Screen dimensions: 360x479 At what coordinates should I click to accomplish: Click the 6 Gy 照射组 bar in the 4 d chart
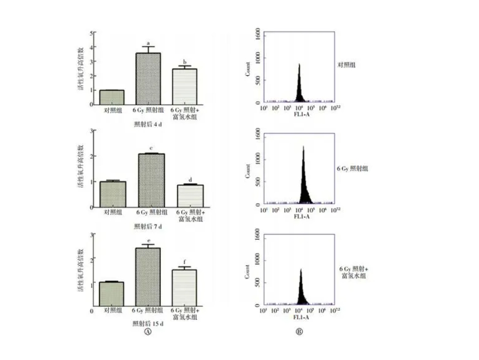tap(148, 79)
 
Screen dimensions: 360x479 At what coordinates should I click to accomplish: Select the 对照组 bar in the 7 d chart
tap(113, 194)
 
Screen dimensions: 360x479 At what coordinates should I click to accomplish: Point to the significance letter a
tap(148, 43)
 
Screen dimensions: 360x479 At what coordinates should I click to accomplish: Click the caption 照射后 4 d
tap(148, 125)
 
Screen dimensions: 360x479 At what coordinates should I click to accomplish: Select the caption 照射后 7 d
tap(148, 226)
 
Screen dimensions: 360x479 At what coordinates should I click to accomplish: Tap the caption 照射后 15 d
tap(148, 323)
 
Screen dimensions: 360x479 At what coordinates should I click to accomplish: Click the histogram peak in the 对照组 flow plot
tap(299, 65)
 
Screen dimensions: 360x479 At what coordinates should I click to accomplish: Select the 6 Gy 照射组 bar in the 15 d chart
tap(148, 277)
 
